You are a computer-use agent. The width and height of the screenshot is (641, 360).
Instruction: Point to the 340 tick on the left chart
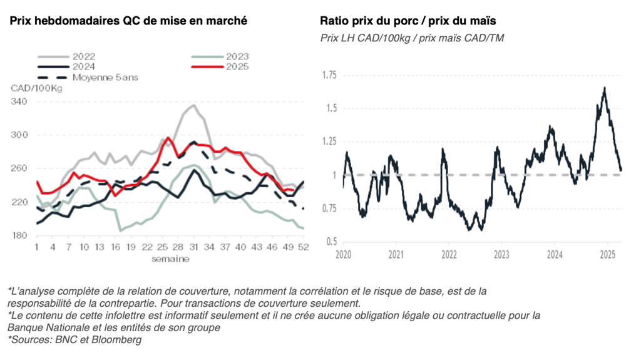(x=20, y=101)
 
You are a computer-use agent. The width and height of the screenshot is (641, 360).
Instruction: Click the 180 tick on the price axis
(x=20, y=236)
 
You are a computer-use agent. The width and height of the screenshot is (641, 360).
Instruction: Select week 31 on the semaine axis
(x=194, y=247)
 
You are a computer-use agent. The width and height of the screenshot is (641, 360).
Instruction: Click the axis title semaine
(x=170, y=259)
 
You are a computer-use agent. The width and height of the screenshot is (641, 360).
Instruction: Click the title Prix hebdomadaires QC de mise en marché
(x=128, y=21)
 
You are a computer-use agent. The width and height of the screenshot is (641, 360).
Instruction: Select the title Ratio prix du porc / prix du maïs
(x=408, y=21)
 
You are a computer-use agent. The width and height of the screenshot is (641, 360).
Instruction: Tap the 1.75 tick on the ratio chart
(x=328, y=75)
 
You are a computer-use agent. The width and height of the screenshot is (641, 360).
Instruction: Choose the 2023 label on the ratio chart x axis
(x=501, y=255)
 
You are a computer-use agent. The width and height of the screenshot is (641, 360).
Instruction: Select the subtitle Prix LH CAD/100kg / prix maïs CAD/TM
(x=412, y=38)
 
